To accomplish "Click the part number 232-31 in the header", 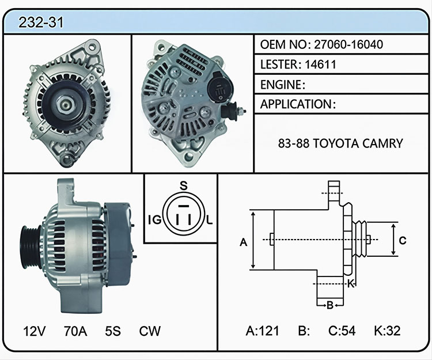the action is [41, 22].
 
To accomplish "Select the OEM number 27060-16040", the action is [348, 44].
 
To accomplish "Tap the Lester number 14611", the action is [320, 65].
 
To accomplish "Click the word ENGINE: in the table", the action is [283, 85].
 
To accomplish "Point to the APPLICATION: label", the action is [298, 104].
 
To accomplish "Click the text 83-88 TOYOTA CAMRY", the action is [340, 143].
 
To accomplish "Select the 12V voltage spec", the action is [35, 331].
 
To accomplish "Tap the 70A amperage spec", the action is [75, 331].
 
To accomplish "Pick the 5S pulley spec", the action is [113, 331].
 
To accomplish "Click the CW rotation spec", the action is [150, 331].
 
